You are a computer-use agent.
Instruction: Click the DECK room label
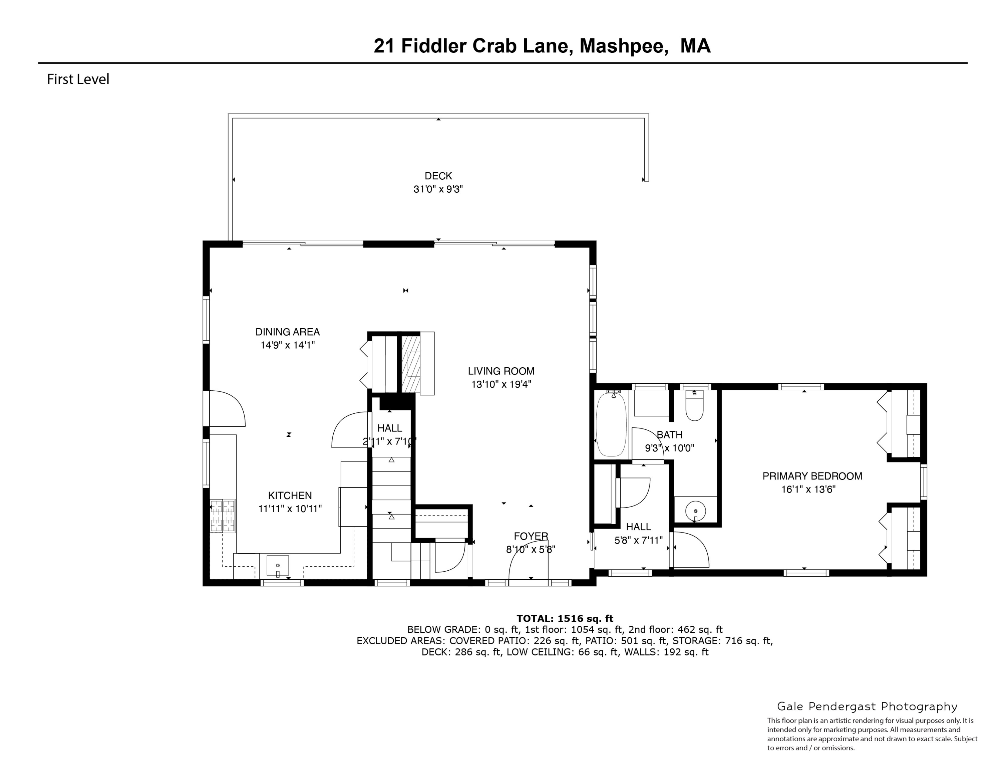click(x=438, y=176)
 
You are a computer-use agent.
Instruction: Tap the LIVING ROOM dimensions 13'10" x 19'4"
click(x=501, y=384)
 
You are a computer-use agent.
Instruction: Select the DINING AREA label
click(x=287, y=332)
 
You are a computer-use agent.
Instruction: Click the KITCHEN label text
click(x=290, y=495)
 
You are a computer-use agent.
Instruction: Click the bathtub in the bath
click(x=611, y=424)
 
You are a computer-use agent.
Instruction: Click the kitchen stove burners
click(x=223, y=516)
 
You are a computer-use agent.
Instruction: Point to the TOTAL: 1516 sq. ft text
click(x=565, y=618)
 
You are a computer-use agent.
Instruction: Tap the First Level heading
click(x=78, y=79)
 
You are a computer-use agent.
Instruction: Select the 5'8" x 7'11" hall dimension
click(x=638, y=540)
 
